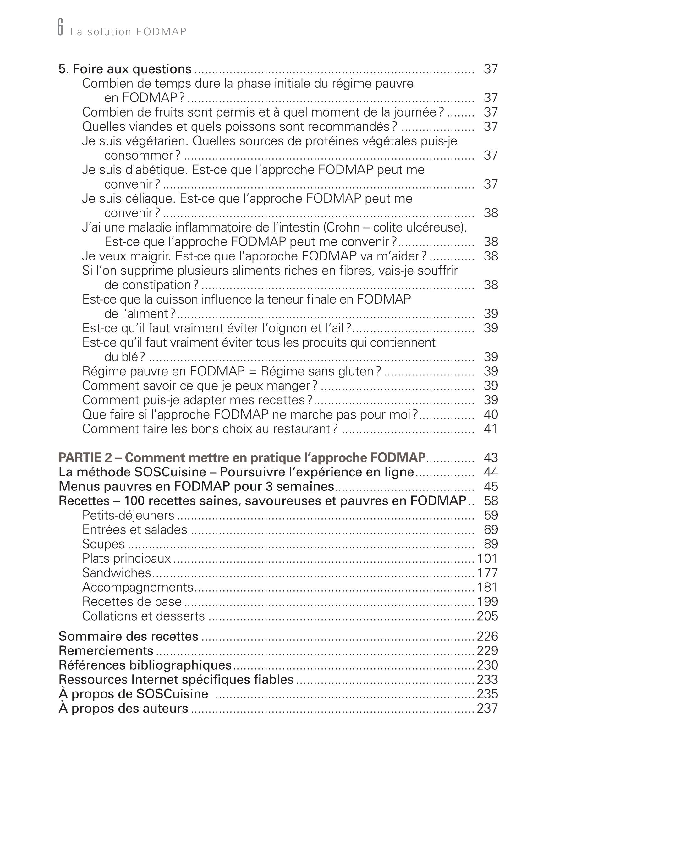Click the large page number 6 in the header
(x=61, y=27)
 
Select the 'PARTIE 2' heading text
(x=242, y=458)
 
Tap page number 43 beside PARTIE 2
(x=491, y=458)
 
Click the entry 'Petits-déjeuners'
(x=128, y=515)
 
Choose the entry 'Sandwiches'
(x=117, y=573)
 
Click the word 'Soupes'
(x=103, y=544)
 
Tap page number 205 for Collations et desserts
(x=487, y=616)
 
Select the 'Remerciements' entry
(x=106, y=651)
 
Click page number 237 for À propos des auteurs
(x=487, y=709)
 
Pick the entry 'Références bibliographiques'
(x=145, y=665)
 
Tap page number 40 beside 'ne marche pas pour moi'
(x=491, y=414)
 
